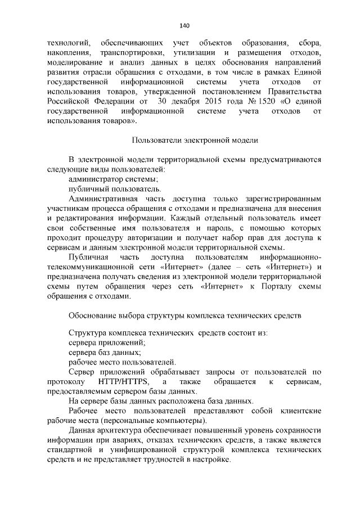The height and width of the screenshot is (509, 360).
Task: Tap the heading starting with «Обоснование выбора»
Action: [x=185, y=316]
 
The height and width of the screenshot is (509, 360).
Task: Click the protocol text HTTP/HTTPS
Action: [x=123, y=382]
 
